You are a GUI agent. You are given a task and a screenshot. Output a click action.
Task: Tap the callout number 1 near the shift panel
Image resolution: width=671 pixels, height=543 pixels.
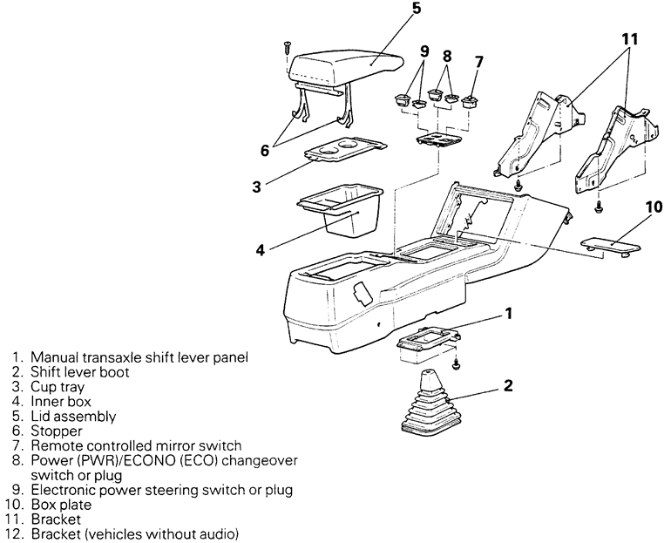508,312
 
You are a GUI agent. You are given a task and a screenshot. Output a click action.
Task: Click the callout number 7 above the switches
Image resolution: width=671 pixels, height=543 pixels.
479,63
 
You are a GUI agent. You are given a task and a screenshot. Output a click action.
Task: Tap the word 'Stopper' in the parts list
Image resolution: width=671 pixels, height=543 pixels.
57,430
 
